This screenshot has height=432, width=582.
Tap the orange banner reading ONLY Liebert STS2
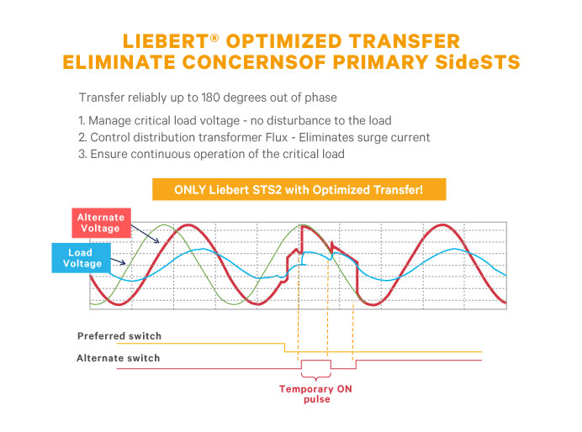pos(299,189)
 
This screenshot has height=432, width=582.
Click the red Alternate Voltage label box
pos(101,223)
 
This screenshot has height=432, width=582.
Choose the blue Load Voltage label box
pos(81,258)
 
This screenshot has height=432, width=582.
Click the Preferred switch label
pos(119,336)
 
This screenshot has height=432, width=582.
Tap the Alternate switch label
pos(118,358)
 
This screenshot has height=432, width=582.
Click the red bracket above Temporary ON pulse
pos(316,375)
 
